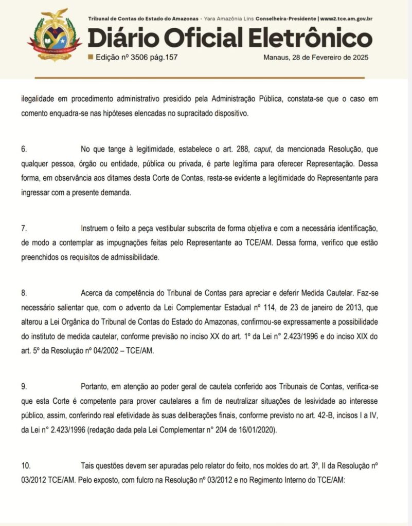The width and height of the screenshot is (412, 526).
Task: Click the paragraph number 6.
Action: point(24,149)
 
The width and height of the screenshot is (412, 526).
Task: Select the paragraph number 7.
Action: point(24,228)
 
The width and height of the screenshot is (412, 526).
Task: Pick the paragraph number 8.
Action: point(24,293)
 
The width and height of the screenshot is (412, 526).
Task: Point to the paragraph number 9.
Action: point(24,385)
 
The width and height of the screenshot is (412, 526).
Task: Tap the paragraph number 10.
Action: point(26,466)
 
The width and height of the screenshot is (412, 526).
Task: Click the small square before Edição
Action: point(91,58)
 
